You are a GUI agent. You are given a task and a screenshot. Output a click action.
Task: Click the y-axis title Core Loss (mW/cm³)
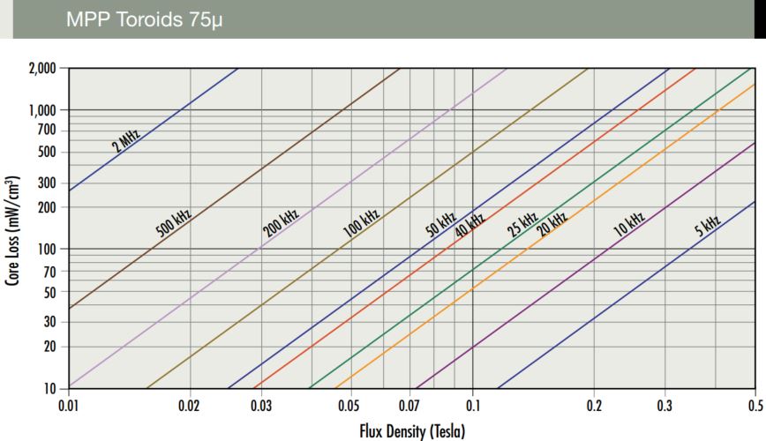pos(13,228)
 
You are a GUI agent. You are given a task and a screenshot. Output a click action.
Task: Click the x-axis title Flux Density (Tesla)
pos(411,431)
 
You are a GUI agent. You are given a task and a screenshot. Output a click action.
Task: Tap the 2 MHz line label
pos(126,140)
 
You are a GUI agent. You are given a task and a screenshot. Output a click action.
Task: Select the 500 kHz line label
pos(174,220)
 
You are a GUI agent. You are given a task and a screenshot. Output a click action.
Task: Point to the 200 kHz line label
pos(282,223)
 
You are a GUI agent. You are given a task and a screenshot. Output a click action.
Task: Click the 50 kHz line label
pos(441,224)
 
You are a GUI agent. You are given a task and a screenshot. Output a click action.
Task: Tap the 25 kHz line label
pos(522,224)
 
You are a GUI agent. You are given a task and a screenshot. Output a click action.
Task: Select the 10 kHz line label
pos(629,223)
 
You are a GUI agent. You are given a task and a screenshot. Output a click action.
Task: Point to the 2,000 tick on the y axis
pos(41,68)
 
